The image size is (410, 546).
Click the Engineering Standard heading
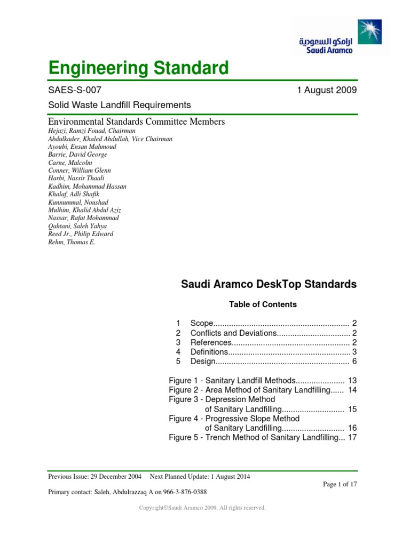(x=138, y=68)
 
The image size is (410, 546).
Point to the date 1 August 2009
(x=327, y=90)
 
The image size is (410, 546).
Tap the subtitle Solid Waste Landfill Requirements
(x=119, y=105)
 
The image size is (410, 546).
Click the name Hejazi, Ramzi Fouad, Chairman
(x=92, y=131)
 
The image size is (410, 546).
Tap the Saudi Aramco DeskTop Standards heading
(x=269, y=285)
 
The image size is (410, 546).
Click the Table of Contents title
(x=263, y=304)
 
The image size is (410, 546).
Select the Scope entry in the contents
(x=202, y=324)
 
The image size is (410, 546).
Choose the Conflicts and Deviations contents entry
(x=233, y=333)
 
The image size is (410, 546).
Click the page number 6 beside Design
(x=354, y=362)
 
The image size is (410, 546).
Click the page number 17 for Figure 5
(x=352, y=438)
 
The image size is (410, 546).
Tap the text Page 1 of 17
(x=340, y=484)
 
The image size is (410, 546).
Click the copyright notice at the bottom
(x=202, y=508)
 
